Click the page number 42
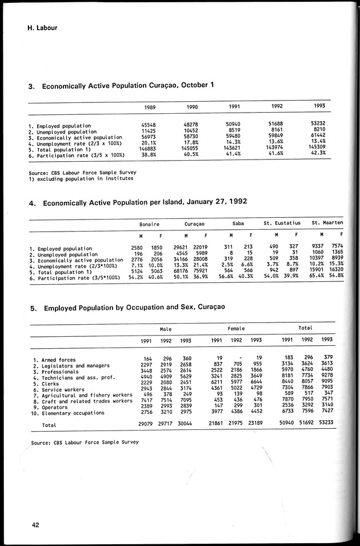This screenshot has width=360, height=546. point(35,526)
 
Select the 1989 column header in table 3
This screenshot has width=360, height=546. point(150,107)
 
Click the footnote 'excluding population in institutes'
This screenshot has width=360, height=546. point(85,178)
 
